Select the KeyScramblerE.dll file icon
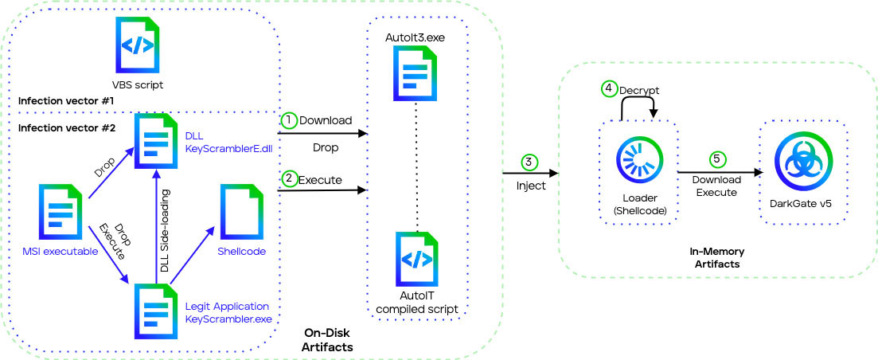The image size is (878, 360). (157, 140)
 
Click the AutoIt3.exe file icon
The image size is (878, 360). (414, 73)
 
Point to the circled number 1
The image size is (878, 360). (290, 120)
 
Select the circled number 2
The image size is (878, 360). (290, 180)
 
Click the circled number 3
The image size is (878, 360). (529, 162)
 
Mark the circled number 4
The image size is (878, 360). (609, 90)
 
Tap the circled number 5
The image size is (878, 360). (717, 159)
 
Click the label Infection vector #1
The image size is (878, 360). (66, 102)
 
